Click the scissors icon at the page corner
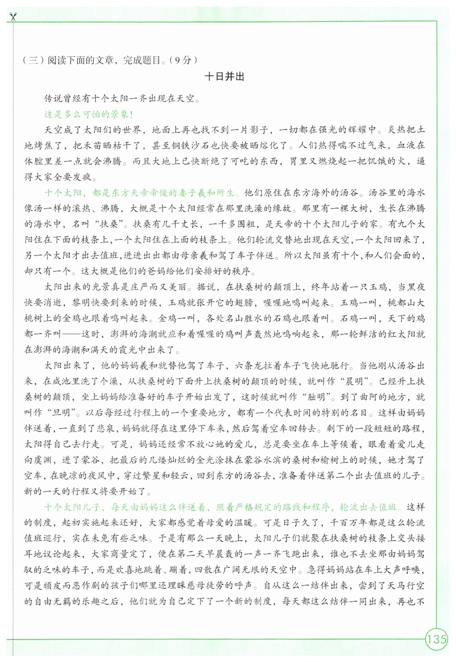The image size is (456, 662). pyautogui.click(x=13, y=17)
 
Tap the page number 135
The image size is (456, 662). pyautogui.click(x=436, y=639)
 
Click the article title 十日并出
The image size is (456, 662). pyautogui.click(x=225, y=77)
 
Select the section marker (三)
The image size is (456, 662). pyautogui.click(x=33, y=60)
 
